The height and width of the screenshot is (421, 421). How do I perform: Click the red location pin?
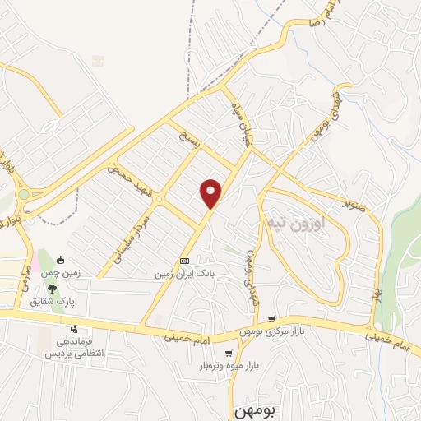point(212,193)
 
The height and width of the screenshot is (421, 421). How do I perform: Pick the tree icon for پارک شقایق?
point(53,289)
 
